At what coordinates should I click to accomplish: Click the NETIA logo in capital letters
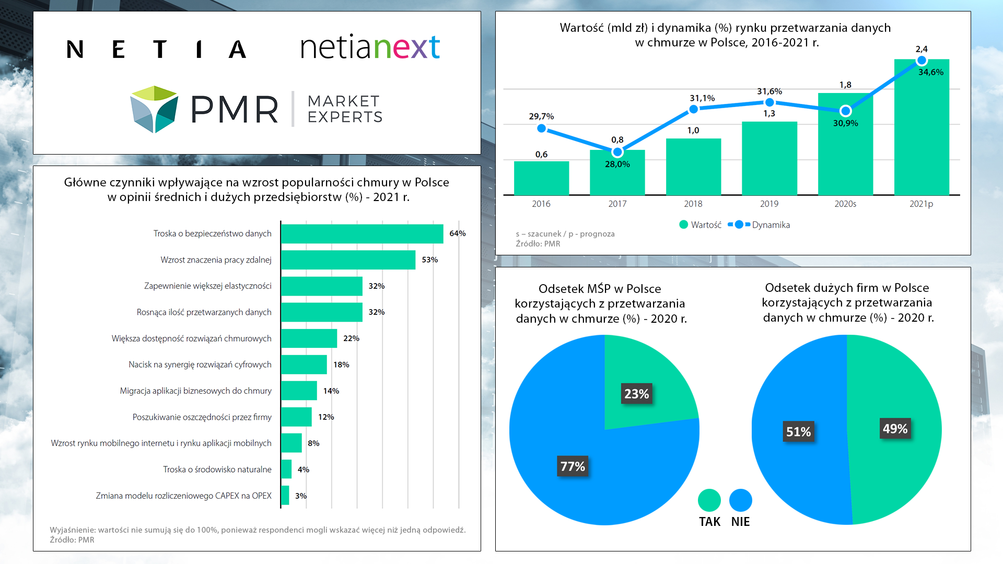click(x=156, y=49)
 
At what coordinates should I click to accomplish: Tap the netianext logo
click(x=370, y=47)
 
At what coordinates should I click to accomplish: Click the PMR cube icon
click(x=154, y=109)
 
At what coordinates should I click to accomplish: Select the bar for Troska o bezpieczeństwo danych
click(x=361, y=233)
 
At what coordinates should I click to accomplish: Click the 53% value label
click(x=429, y=260)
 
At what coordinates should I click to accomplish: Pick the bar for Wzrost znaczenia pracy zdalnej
click(x=348, y=260)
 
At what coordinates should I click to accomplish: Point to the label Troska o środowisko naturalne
click(x=217, y=469)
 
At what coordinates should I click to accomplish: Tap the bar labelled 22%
click(x=309, y=338)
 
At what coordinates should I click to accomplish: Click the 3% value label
click(x=301, y=496)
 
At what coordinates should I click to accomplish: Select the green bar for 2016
click(x=541, y=178)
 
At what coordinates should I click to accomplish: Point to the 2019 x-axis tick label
click(x=769, y=204)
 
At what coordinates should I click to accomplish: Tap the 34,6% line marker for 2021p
click(x=922, y=61)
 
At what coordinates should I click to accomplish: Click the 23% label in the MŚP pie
click(x=636, y=394)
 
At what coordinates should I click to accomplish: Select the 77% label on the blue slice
click(x=573, y=466)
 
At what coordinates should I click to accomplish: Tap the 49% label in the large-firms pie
click(x=895, y=429)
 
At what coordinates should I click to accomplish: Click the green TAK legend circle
click(x=709, y=500)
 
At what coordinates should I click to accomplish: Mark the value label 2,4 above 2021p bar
click(x=922, y=49)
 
